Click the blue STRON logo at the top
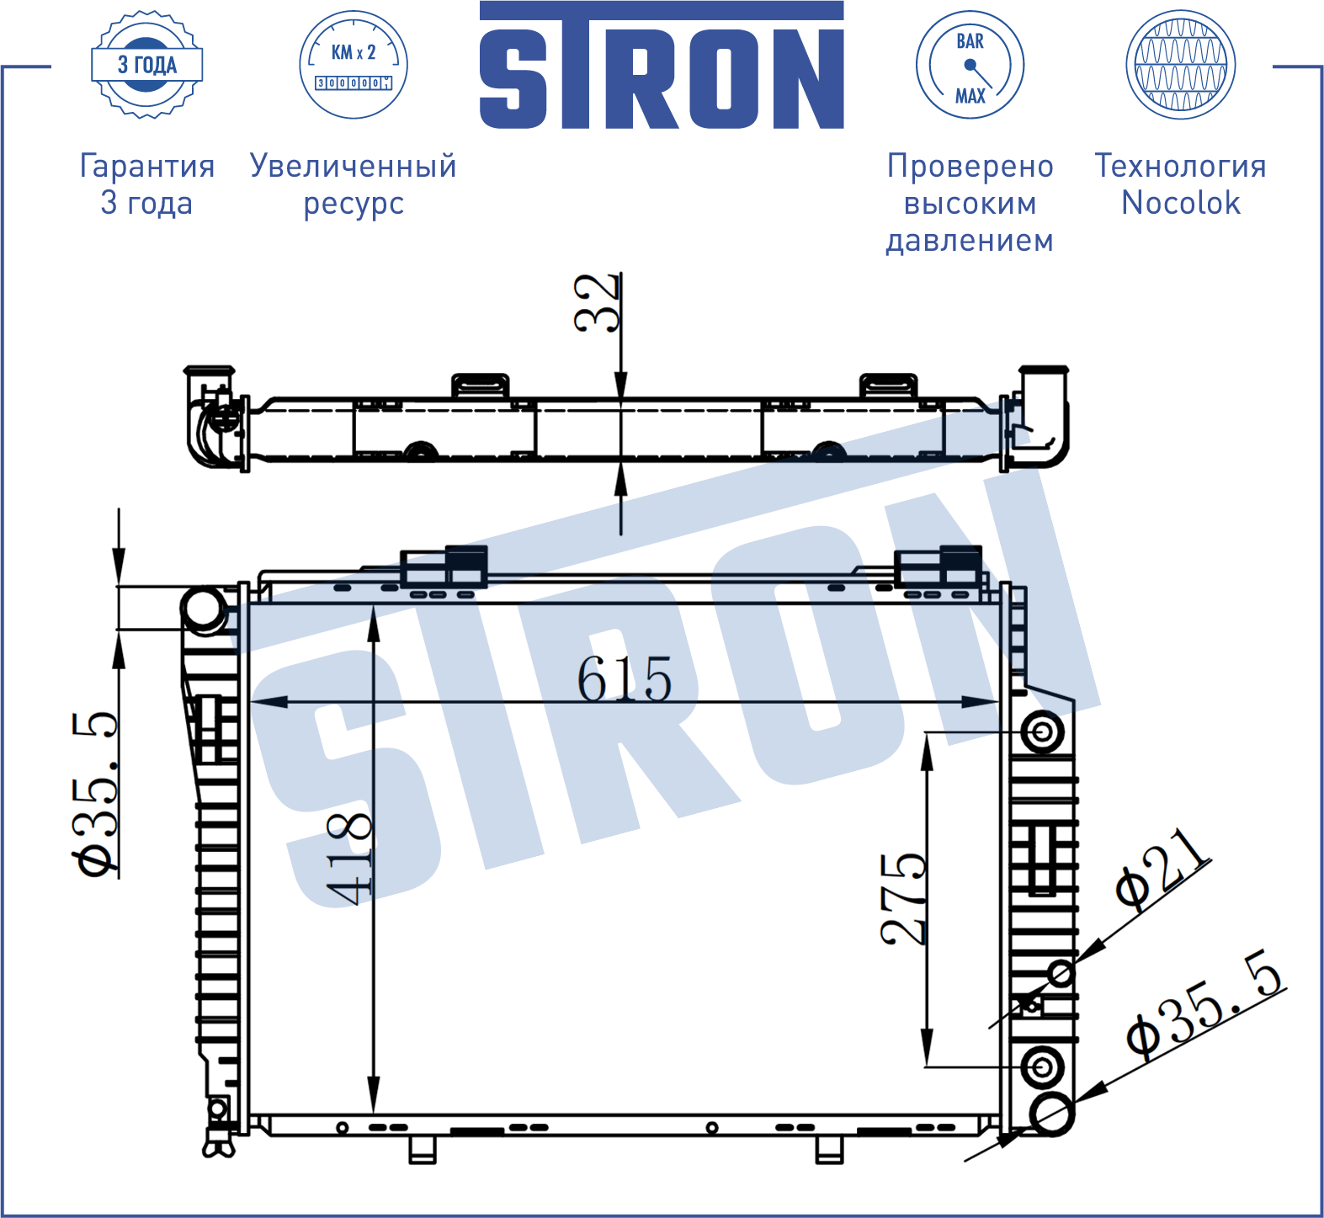click(x=662, y=65)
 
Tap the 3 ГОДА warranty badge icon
click(x=146, y=64)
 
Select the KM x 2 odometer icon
click(x=354, y=64)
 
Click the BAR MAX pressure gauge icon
click(x=970, y=64)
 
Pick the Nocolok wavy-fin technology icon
click(x=1180, y=64)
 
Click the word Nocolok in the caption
click(x=1181, y=203)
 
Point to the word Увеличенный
click(x=354, y=166)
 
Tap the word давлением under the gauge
click(x=970, y=241)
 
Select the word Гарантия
click(x=147, y=166)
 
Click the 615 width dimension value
click(x=625, y=678)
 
